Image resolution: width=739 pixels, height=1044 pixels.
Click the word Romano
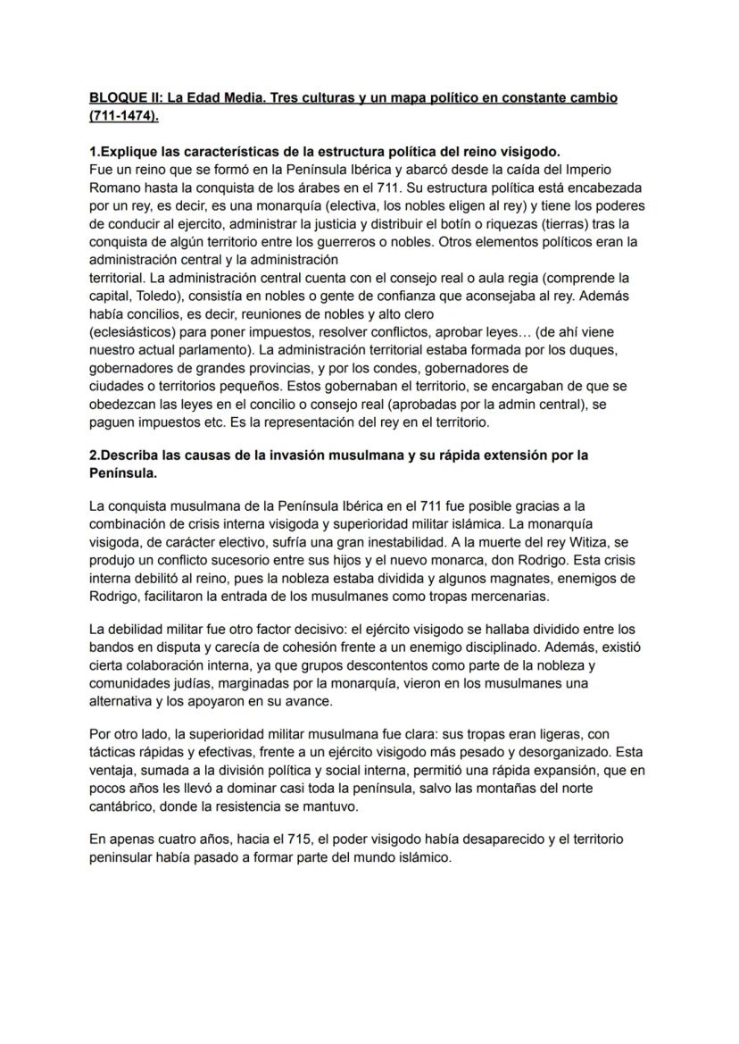tap(115, 188)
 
